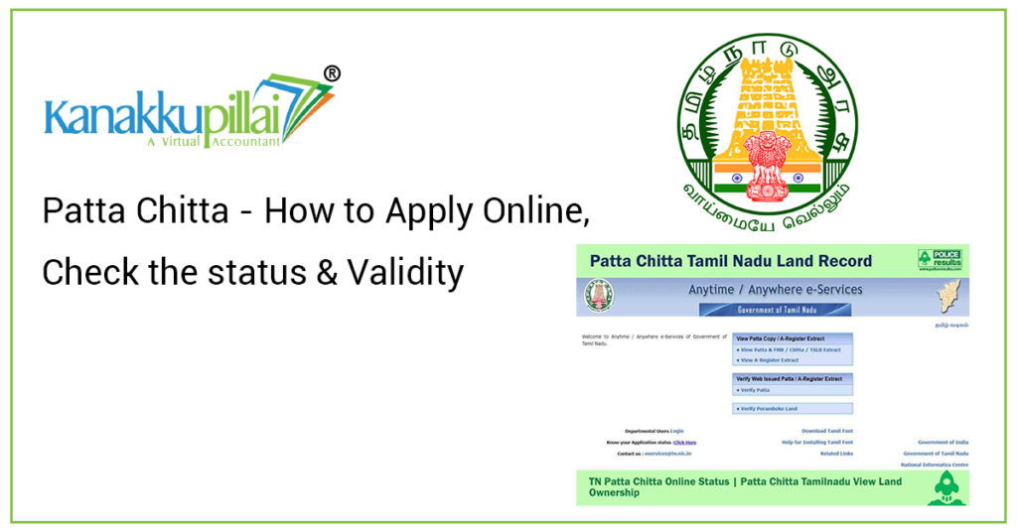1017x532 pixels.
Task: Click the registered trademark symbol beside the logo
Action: click(x=333, y=73)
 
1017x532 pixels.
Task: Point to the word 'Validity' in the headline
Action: click(x=404, y=271)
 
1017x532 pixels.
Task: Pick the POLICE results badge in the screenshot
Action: click(x=940, y=260)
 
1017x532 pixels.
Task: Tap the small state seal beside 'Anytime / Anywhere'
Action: click(x=599, y=295)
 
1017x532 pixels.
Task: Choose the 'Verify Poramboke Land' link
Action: click(x=770, y=408)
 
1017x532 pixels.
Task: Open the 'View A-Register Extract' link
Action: click(x=770, y=360)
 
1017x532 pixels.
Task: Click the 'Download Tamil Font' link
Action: click(x=826, y=431)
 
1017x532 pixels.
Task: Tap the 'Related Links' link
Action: click(x=836, y=454)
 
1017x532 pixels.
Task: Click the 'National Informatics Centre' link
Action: click(x=934, y=465)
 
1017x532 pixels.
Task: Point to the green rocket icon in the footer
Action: click(x=945, y=488)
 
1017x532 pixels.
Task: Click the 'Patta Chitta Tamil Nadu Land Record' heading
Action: click(x=730, y=261)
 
